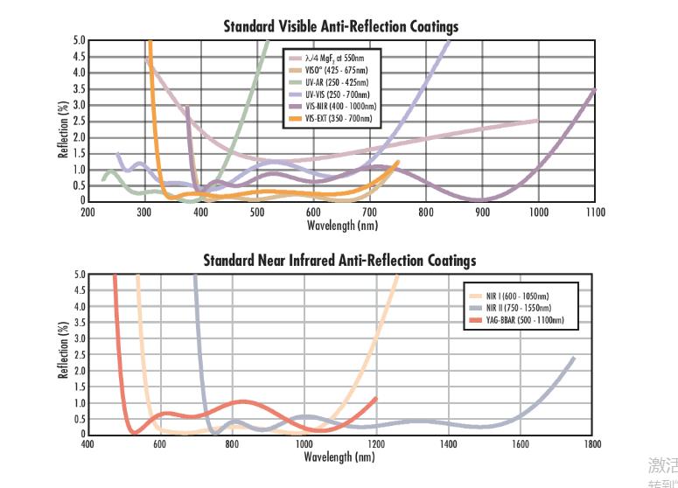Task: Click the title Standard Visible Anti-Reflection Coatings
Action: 341,27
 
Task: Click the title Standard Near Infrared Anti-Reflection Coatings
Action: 339,261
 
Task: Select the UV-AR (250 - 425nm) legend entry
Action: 335,83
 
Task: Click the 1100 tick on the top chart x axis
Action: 595,212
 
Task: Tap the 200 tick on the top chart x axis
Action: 88,212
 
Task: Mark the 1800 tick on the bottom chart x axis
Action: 592,444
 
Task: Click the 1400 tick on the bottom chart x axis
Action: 448,444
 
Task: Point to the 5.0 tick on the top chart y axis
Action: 79,40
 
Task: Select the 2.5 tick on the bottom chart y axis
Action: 79,354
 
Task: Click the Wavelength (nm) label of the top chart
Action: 342,225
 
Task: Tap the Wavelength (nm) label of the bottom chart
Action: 339,457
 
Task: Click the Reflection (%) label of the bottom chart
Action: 63,354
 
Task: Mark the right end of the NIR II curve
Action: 574,357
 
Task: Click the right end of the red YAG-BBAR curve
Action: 376,399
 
